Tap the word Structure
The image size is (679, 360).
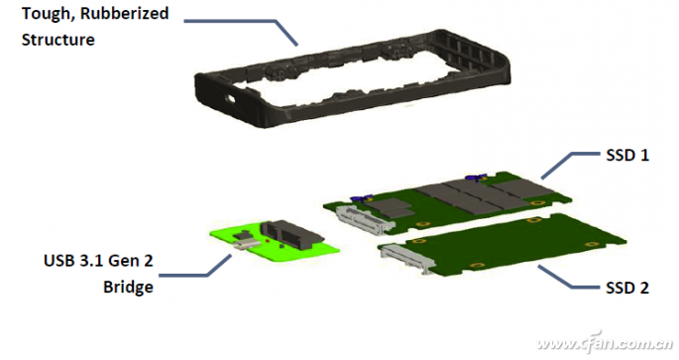tap(58, 40)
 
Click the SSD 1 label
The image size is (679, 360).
tap(627, 156)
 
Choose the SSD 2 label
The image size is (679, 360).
tap(627, 288)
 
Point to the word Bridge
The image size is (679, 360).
tap(128, 287)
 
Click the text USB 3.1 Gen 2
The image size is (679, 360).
tap(98, 261)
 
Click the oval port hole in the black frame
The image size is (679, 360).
tap(230, 99)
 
